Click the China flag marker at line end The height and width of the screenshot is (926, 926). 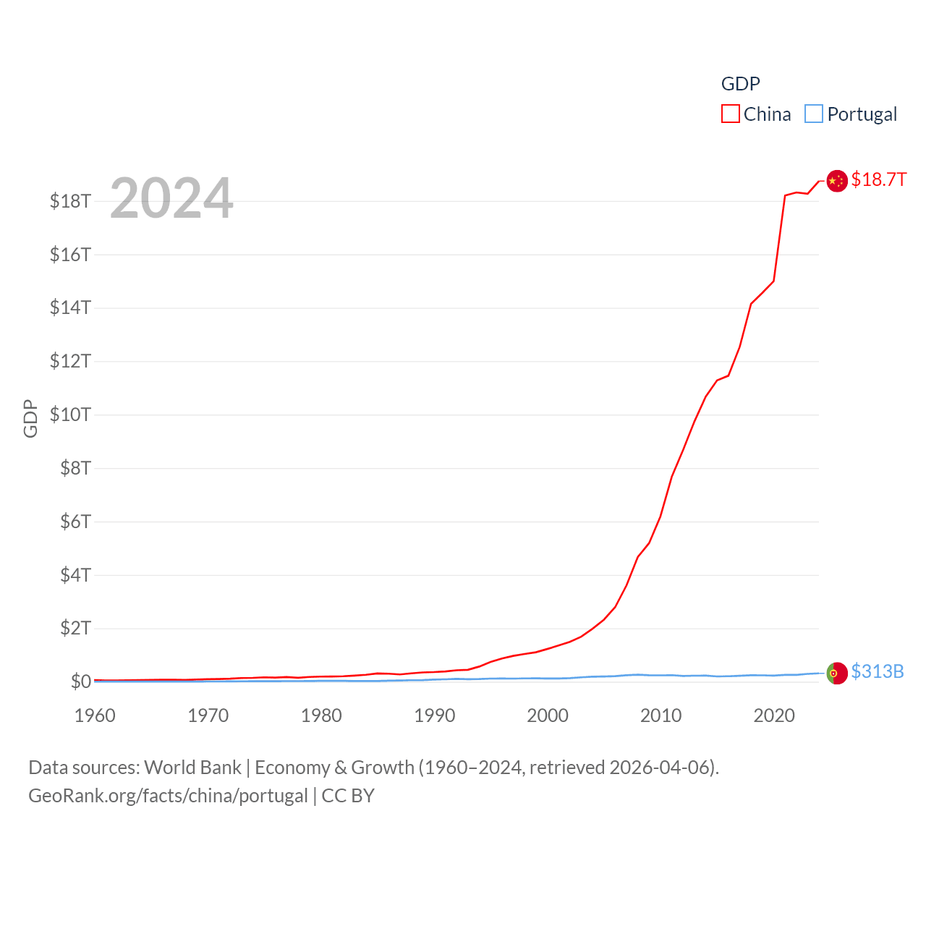pyautogui.click(x=837, y=181)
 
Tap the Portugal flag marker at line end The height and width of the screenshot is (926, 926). pyautogui.click(x=837, y=673)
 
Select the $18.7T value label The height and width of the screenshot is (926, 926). pyautogui.click(x=878, y=179)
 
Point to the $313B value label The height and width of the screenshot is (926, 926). pyautogui.click(x=878, y=671)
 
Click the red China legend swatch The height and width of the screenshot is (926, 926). pyautogui.click(x=731, y=114)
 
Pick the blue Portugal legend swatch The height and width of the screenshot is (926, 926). pyautogui.click(x=814, y=114)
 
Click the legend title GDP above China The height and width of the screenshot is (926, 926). pyautogui.click(x=741, y=84)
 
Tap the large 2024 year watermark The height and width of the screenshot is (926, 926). pyautogui.click(x=171, y=198)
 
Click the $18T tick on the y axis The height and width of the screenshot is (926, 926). pyautogui.click(x=70, y=201)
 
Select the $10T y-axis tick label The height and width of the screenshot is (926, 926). pyautogui.click(x=70, y=415)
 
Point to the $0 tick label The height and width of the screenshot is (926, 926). pyautogui.click(x=80, y=681)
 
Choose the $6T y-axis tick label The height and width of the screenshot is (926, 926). pyautogui.click(x=75, y=522)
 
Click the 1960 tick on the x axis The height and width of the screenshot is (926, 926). pyautogui.click(x=95, y=715)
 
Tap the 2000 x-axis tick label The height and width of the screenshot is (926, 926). pyautogui.click(x=548, y=715)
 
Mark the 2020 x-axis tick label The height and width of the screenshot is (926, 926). pyautogui.click(x=774, y=715)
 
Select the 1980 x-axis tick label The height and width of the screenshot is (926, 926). pyautogui.click(x=321, y=715)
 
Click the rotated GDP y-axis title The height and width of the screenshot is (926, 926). pyautogui.click(x=30, y=418)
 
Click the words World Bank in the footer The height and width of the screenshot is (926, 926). pyautogui.click(x=193, y=768)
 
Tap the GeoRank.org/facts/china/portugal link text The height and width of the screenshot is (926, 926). pyautogui.click(x=168, y=796)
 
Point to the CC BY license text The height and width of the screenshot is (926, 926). pyautogui.click(x=348, y=796)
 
